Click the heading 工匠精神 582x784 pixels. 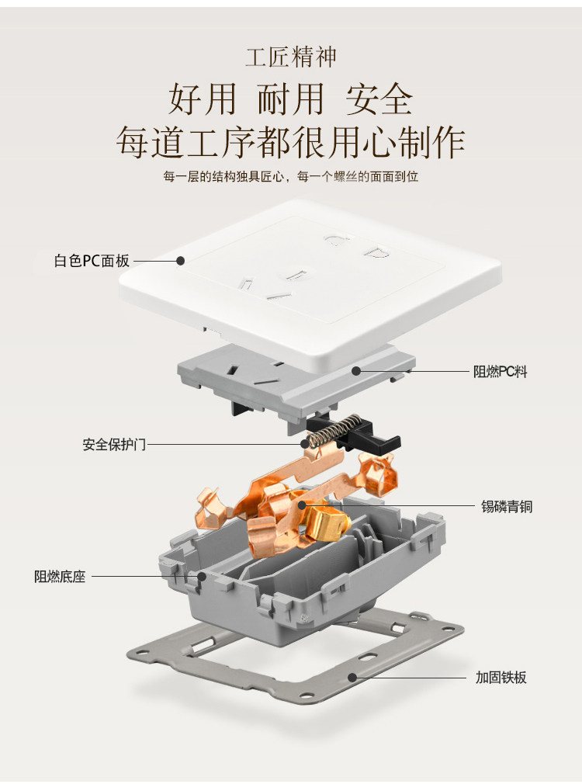pyautogui.click(x=291, y=57)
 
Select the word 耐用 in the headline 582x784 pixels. pyautogui.click(x=290, y=99)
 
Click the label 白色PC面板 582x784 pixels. pyautogui.click(x=92, y=261)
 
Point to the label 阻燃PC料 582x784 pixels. pyautogui.click(x=500, y=372)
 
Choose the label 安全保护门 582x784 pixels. pyautogui.click(x=114, y=445)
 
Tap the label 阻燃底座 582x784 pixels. pyautogui.click(x=60, y=577)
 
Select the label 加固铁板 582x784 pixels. pyautogui.click(x=501, y=678)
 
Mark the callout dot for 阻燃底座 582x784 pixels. pyautogui.click(x=202, y=577)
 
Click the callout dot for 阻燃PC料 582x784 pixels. pyautogui.click(x=356, y=371)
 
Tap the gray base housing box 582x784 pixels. pyautogui.click(x=303, y=590)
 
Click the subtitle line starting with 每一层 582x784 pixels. pyautogui.click(x=291, y=177)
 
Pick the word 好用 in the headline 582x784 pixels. pyautogui.click(x=201, y=99)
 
